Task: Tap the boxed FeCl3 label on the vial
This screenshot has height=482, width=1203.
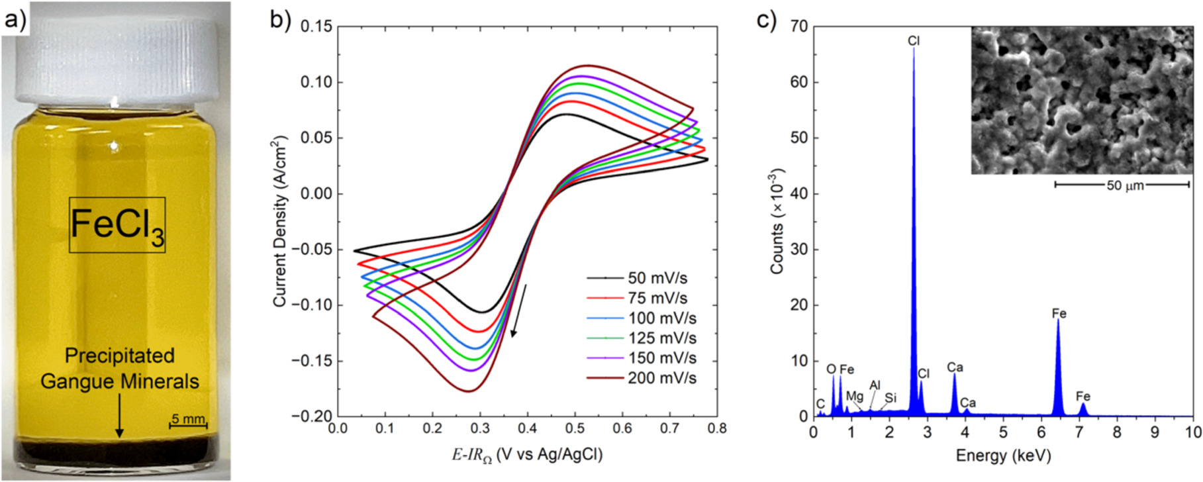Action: coord(117,225)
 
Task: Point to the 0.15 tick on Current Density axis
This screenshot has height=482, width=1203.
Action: coord(316,26)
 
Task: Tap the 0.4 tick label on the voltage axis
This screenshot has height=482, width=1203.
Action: coord(528,429)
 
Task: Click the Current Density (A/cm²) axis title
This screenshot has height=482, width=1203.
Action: coord(279,222)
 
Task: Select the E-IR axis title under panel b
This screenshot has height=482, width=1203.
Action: coord(527,455)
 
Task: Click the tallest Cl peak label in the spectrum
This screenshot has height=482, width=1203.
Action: coord(914,41)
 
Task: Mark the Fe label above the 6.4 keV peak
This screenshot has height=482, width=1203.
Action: coord(1059,314)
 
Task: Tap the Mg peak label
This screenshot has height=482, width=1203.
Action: coord(855,396)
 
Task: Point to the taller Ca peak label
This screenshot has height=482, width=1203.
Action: coord(955,367)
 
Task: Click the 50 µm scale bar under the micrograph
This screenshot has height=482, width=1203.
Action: coord(1122,185)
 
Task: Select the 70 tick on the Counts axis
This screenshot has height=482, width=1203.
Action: coord(798,26)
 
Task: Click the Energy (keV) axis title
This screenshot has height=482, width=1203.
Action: coord(1003,456)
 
